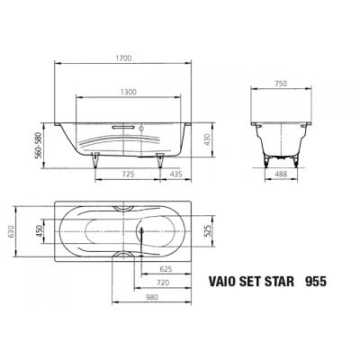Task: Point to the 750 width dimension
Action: pos(280,82)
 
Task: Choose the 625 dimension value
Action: pos(166,269)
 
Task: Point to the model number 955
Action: pos(315,281)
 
